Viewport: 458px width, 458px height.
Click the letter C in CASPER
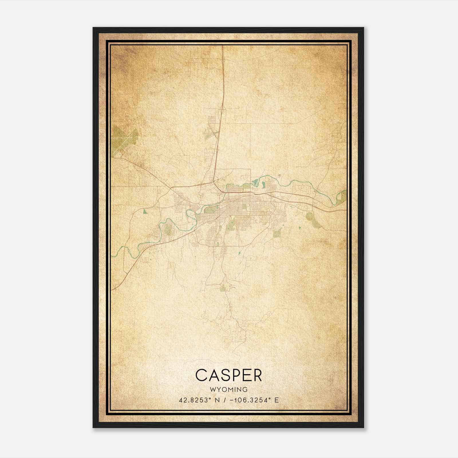[x=202, y=375]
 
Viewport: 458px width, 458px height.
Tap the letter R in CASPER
[x=257, y=375]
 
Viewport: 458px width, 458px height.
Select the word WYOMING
[x=229, y=390]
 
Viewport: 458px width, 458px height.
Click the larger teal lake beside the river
[x=256, y=181]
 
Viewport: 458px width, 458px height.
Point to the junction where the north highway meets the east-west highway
[x=214, y=181]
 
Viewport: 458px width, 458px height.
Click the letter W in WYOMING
[x=212, y=390]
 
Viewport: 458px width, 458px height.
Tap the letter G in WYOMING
[x=245, y=390]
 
